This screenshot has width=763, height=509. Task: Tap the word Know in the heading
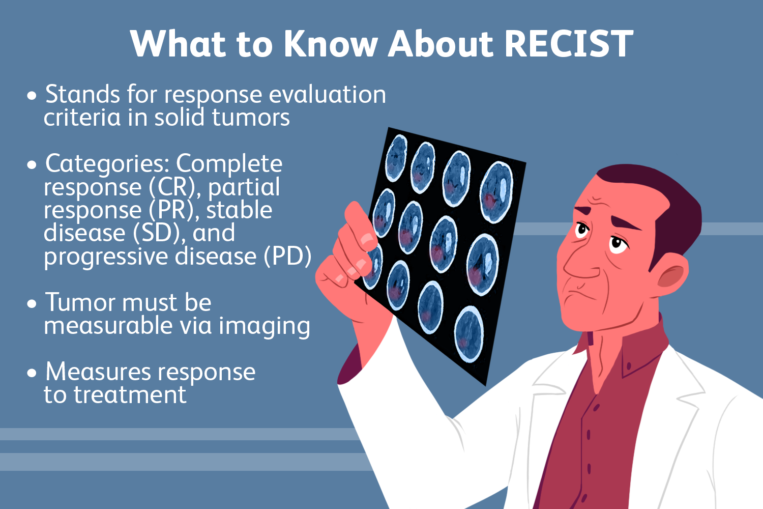pyautogui.click(x=330, y=44)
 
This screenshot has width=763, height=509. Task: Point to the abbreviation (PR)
pyautogui.click(x=173, y=210)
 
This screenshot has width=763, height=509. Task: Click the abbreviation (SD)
pyautogui.click(x=159, y=233)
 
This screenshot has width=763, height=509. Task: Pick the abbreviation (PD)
pyautogui.click(x=287, y=256)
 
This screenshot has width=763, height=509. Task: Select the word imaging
pyautogui.click(x=264, y=326)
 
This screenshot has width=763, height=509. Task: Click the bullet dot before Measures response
pyautogui.click(x=33, y=373)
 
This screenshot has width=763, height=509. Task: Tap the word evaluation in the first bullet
pyautogui.click(x=327, y=95)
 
